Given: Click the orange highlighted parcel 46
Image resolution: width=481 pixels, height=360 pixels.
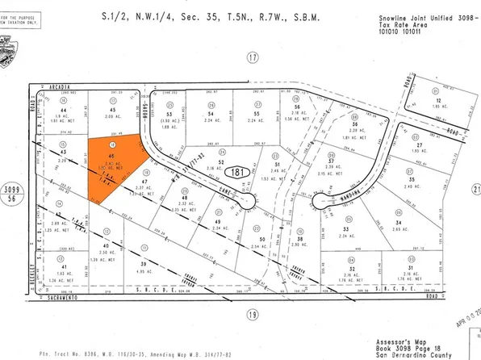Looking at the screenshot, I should pos(112,165).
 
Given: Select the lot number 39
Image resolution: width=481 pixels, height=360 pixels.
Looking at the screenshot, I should pos(144,264).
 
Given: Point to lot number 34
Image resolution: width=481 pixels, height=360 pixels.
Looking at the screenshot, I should pos(396,223).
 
